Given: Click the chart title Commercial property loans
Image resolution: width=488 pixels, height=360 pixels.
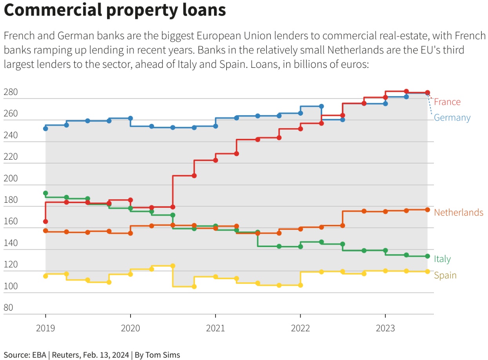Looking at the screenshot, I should [115, 10].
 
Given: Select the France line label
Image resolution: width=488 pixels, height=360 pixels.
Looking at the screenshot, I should [447, 102].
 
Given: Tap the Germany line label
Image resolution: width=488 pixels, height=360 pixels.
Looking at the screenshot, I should [452, 118].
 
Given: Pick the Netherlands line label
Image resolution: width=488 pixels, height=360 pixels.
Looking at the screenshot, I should [459, 213].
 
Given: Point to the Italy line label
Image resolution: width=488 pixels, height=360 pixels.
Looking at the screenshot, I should [442, 259].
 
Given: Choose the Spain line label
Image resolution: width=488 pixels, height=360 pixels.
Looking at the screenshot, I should [445, 275].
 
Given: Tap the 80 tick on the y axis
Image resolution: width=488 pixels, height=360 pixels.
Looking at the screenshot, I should [8, 308].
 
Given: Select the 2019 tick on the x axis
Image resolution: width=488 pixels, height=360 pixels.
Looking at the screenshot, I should [45, 328].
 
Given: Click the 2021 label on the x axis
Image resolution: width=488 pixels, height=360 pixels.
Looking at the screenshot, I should [215, 328].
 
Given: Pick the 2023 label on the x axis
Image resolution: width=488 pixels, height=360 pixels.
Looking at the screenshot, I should [385, 328].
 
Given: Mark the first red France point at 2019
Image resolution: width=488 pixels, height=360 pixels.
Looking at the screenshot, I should [45, 222].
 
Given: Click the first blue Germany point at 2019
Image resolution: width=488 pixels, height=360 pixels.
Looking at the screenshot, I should [45, 129].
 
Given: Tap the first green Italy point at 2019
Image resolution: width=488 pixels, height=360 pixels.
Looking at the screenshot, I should [45, 193].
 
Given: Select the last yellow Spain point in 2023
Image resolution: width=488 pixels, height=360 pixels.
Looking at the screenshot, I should [428, 271].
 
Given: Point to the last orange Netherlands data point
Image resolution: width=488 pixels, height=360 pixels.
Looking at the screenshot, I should [428, 210].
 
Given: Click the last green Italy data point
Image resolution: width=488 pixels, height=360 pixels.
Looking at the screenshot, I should [428, 256].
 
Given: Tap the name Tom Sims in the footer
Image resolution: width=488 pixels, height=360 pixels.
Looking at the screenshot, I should [162, 355].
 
